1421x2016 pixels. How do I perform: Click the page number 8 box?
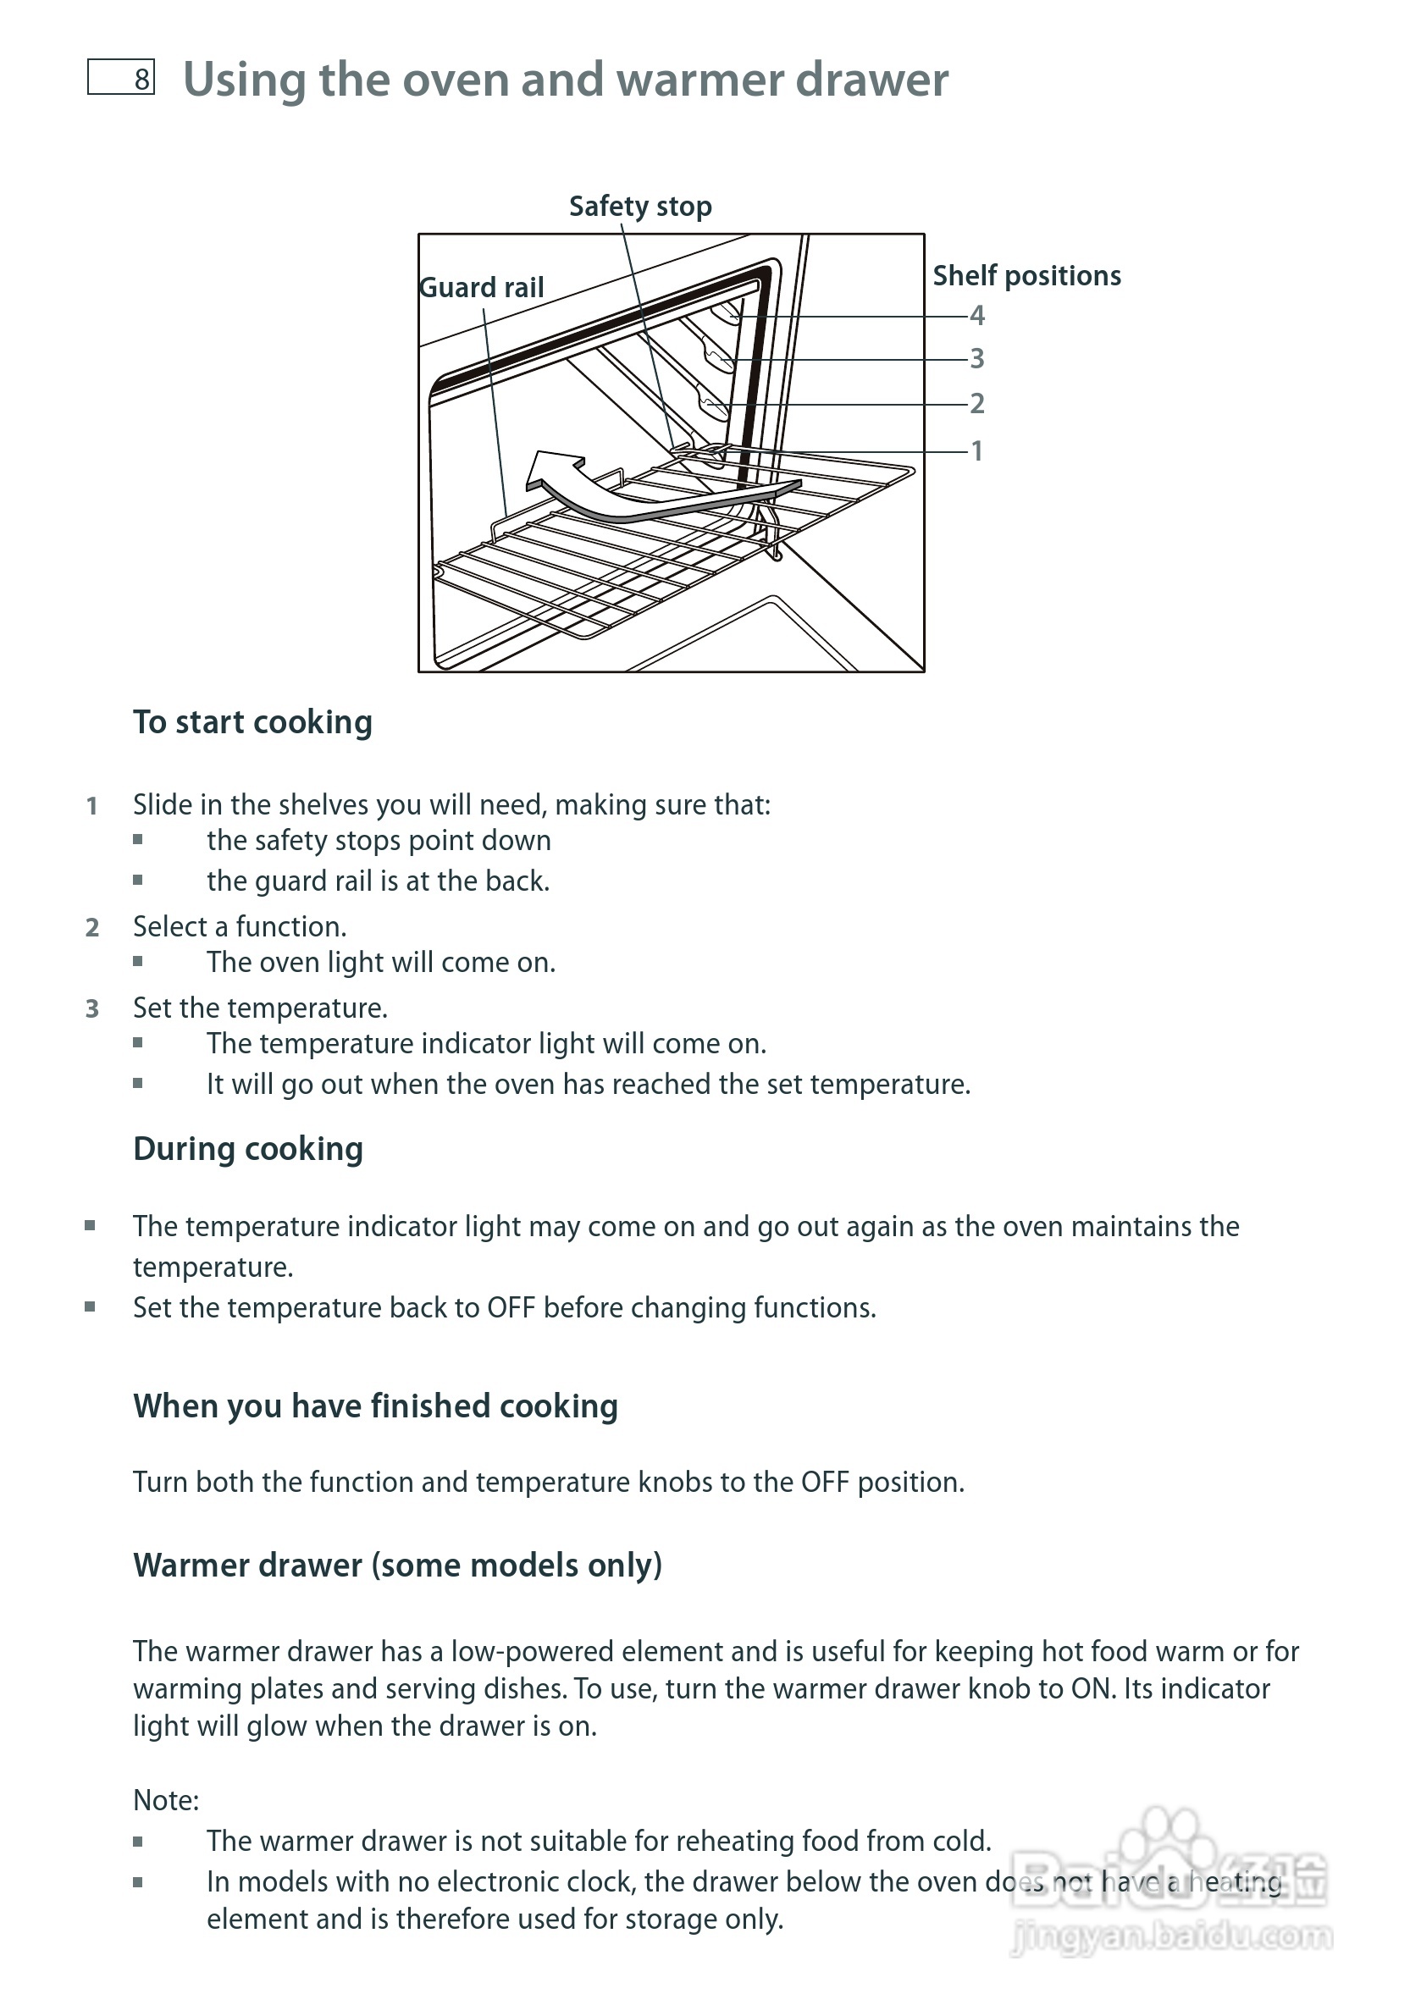(x=121, y=77)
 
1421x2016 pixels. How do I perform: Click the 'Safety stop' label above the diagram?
(x=640, y=207)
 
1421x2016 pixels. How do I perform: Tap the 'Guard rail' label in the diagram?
(x=481, y=288)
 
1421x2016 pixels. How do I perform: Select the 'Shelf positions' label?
(x=1026, y=276)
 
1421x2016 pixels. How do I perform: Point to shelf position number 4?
(x=976, y=315)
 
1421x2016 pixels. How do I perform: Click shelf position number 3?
(x=976, y=358)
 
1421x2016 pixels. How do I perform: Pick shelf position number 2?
(x=976, y=403)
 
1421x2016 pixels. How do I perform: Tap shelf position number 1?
(x=976, y=450)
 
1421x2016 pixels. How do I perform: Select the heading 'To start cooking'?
(x=253, y=721)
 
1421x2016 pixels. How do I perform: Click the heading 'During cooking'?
(x=247, y=1148)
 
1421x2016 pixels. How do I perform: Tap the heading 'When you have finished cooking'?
(x=375, y=1406)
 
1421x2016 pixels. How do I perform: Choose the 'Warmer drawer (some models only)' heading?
(x=397, y=1565)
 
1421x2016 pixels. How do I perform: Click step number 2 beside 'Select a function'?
(x=92, y=927)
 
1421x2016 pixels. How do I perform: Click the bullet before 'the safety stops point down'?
(x=138, y=839)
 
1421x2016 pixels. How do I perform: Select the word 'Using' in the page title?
(x=244, y=80)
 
